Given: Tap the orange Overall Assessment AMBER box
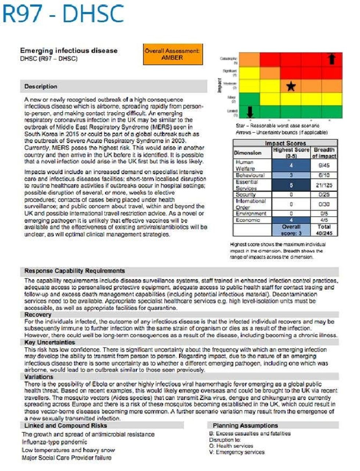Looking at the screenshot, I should [173, 55].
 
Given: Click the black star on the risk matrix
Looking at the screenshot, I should [291, 86].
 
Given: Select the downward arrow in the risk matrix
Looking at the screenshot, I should [250, 111].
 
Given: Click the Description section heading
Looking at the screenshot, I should [41, 86].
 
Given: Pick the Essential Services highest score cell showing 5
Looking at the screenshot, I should [291, 185].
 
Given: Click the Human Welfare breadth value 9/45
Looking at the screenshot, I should [324, 165].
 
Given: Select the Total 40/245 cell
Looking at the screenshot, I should [324, 230].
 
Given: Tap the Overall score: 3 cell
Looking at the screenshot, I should [291, 230].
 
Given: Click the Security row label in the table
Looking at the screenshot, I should [246, 195].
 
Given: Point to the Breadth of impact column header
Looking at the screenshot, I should [324, 153].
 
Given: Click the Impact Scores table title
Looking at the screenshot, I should [285, 143].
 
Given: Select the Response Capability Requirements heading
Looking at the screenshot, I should [75, 271].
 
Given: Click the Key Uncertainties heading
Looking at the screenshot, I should [50, 342].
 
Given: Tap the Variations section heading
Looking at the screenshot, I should [39, 377].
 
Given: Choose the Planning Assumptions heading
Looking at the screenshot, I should [245, 425].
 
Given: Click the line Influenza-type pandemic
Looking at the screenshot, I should [54, 442].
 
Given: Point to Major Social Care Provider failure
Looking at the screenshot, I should [66, 458].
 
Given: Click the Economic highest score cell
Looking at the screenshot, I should [291, 220].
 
